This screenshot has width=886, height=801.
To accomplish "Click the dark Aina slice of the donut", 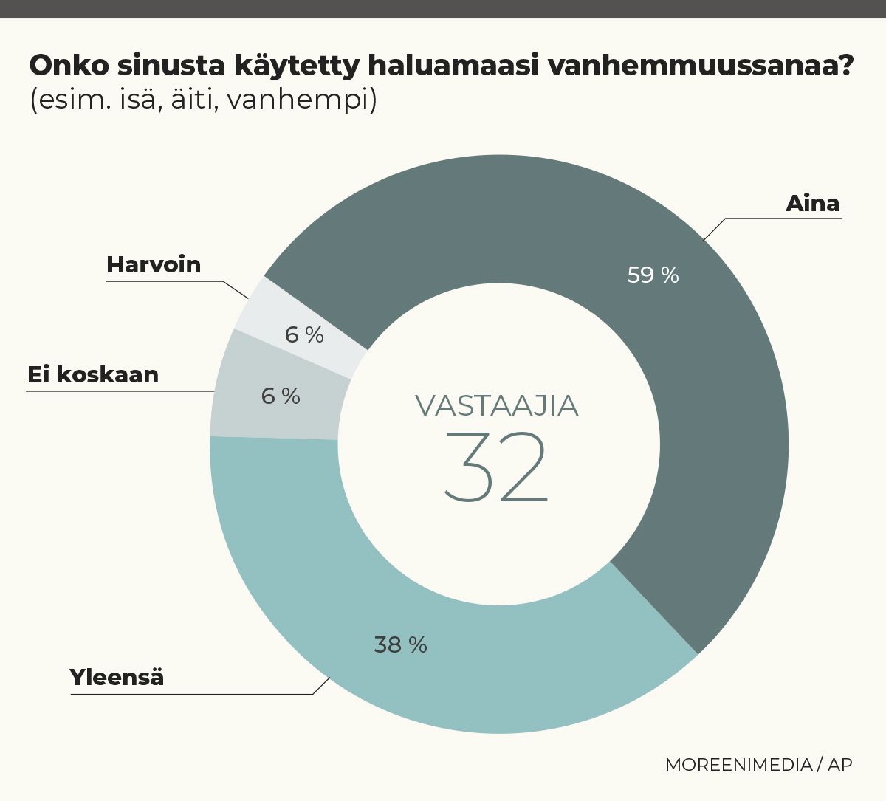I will (709, 413).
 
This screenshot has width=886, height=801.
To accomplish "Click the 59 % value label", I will (653, 275).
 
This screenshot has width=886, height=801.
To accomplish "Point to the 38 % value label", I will (400, 645).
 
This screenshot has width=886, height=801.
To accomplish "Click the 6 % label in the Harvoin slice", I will (304, 335).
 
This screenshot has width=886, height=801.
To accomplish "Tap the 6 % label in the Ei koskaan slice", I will (281, 396).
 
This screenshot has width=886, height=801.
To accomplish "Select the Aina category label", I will (812, 203).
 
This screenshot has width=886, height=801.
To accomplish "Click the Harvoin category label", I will (154, 264).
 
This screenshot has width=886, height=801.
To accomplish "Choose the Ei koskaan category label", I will (93, 374).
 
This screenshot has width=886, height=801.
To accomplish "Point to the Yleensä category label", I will (117, 677).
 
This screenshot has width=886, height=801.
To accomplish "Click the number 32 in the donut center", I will (496, 467).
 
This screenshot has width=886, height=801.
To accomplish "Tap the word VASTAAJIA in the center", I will (496, 406).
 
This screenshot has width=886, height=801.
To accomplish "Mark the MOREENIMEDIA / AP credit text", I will (758, 764).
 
